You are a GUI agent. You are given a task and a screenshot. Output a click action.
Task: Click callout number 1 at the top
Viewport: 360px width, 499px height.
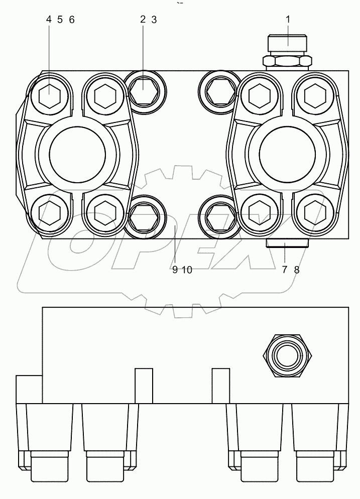288,20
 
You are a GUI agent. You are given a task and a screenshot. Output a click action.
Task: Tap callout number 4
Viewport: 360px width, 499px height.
49,20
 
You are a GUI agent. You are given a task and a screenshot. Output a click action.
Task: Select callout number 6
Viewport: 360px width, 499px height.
71,20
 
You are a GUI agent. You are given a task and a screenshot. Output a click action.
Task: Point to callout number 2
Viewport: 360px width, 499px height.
143,20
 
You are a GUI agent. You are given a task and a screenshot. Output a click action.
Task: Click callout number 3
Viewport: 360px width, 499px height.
154,20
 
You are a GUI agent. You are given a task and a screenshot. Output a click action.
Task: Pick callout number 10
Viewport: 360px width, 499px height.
187,270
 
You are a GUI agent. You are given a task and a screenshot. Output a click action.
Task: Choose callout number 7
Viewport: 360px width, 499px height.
284,270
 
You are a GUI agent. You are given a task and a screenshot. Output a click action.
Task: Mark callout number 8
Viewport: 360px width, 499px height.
296,270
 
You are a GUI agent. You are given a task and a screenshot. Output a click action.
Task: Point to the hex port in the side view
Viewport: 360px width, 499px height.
285,356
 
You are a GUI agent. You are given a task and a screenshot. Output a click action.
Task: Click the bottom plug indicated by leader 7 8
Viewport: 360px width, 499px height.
286,243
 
